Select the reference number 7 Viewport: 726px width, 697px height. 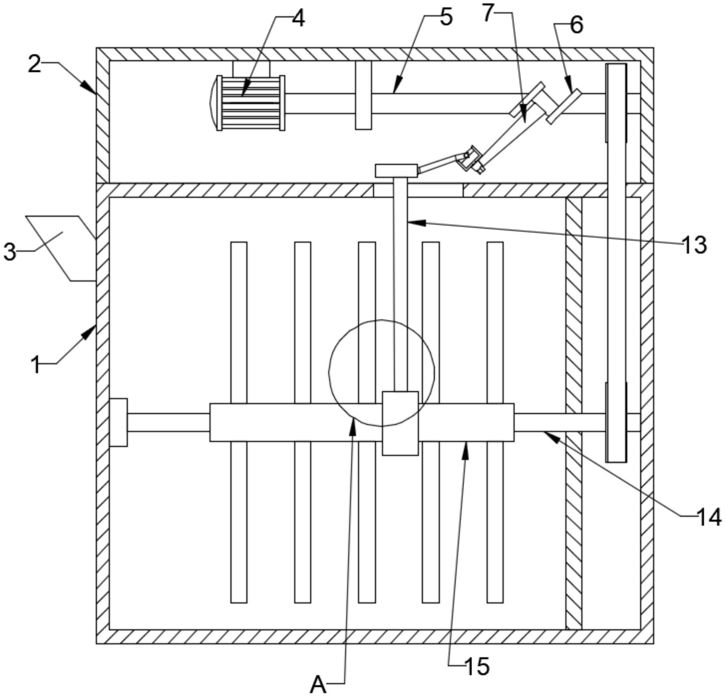point(488,14)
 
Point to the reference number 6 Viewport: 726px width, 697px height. point(577,26)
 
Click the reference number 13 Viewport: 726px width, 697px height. point(695,245)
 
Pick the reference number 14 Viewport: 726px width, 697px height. point(709,518)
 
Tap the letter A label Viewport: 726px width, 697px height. point(318,685)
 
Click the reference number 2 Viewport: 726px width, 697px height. point(34,65)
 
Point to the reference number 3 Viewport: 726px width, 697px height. point(10,252)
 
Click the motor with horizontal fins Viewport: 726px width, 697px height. point(247,103)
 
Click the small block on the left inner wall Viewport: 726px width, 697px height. point(118,422)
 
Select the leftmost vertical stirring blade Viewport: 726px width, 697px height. point(239,422)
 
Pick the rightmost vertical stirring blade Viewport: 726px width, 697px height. point(495,422)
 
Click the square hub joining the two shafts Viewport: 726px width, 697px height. point(400,423)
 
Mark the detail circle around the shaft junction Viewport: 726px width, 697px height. point(381,373)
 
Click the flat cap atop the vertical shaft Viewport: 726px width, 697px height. point(396,171)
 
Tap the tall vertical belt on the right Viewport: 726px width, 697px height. point(616,263)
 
